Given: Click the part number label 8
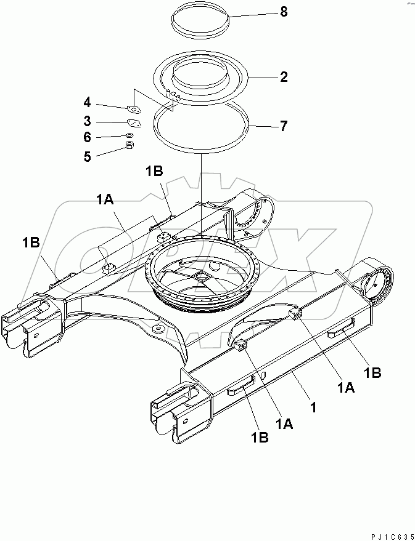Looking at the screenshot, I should pos(283,12).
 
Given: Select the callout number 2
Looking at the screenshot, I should pos(283,77).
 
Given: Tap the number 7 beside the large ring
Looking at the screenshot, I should pos(283,126).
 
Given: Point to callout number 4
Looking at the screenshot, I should pos(88,102).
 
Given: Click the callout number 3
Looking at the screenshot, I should pos(88,121).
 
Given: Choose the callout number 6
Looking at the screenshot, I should pos(88,138).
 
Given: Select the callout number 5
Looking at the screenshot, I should pos(88,156).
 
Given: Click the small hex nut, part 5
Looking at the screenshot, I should pos(129,146).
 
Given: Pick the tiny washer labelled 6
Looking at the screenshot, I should pos(129,135).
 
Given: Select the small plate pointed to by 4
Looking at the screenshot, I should pos(134,110).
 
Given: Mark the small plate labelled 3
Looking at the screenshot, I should pos(134,122).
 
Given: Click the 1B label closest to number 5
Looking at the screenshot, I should pos(154,171).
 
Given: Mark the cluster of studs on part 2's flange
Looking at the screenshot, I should pos(173,95).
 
